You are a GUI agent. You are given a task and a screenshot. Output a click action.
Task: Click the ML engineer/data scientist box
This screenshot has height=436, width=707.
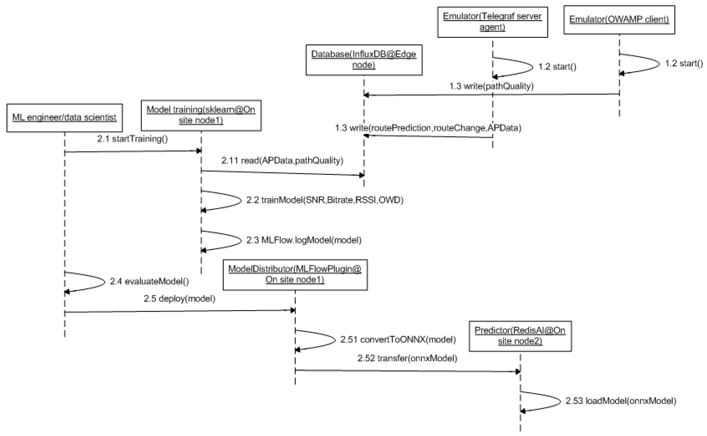[64, 118]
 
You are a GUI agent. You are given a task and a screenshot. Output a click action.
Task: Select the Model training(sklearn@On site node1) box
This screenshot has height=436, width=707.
[201, 115]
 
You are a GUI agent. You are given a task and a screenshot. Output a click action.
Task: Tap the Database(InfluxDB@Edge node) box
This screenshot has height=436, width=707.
[364, 60]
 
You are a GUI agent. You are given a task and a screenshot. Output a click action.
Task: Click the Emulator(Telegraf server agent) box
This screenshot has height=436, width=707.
[492, 22]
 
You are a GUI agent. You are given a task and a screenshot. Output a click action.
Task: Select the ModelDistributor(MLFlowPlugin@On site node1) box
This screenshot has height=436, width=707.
[295, 274]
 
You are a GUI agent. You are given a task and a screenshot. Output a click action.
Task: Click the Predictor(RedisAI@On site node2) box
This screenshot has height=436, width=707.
[520, 336]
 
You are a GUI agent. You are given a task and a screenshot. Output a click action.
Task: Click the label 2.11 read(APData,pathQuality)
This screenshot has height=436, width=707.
[282, 161]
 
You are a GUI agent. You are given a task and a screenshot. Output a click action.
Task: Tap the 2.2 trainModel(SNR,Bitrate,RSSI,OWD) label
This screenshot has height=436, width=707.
[325, 200]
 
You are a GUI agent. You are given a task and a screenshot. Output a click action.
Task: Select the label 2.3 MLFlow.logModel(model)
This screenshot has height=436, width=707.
[304, 240]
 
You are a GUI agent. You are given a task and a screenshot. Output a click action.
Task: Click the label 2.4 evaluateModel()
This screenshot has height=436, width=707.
[149, 281]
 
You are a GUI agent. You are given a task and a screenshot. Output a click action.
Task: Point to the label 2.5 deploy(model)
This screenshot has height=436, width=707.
[180, 298]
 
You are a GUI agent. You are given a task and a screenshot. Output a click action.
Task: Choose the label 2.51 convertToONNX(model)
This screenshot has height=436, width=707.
[398, 340]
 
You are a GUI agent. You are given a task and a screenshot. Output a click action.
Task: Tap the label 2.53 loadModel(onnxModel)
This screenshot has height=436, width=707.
[621, 401]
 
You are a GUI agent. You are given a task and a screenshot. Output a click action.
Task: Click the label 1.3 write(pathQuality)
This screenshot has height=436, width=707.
[491, 86]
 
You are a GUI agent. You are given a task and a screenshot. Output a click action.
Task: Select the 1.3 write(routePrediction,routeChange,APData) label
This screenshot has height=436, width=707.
[428, 128]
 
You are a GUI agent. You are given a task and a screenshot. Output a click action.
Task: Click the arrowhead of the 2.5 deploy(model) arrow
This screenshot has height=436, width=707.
[293, 310]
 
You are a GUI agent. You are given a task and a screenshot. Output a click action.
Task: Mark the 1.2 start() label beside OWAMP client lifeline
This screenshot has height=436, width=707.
[684, 63]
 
